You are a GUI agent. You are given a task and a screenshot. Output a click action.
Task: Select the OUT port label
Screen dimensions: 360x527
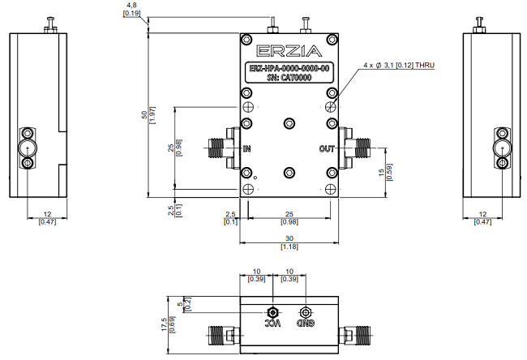(x=327, y=148)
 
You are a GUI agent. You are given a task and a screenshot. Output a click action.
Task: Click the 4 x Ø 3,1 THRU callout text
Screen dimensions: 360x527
(x=399, y=64)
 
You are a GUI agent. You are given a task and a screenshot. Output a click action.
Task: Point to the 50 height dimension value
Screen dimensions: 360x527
(x=145, y=114)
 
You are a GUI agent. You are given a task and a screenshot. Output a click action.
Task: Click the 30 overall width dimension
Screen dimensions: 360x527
(x=289, y=238)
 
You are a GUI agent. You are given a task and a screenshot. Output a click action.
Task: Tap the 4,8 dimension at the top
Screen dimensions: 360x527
(x=131, y=5)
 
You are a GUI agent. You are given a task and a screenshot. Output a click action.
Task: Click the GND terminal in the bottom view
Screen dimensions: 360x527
(x=305, y=313)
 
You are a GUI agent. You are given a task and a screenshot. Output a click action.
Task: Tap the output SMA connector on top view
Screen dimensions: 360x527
(x=354, y=148)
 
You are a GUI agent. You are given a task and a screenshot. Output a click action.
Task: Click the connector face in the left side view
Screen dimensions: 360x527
(x=27, y=148)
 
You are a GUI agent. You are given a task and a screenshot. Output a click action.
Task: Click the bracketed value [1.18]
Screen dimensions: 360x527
(x=289, y=246)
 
